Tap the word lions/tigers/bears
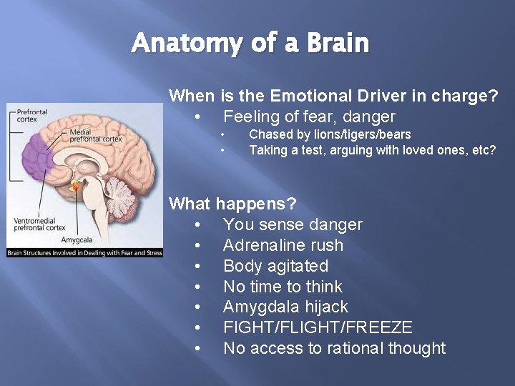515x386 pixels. click(x=347, y=134)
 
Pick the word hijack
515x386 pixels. click(x=326, y=307)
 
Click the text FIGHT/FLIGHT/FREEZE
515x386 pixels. click(x=318, y=327)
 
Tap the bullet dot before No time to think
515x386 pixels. click(x=197, y=287)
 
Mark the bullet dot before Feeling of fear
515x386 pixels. click(x=197, y=117)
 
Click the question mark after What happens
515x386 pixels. click(x=290, y=204)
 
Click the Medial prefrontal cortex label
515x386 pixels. click(x=93, y=136)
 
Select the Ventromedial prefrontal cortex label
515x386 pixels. click(x=39, y=224)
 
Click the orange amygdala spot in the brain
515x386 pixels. click(x=77, y=187)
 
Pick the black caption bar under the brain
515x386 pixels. click(x=85, y=252)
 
